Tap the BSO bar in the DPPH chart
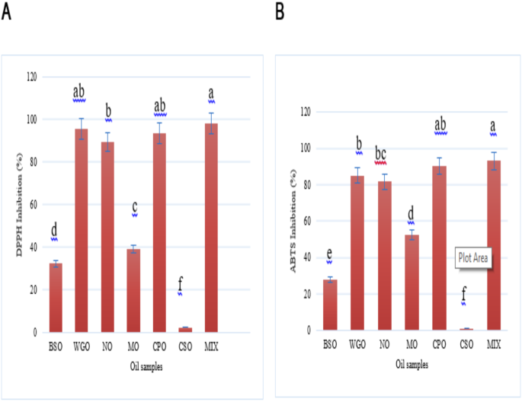[55, 298]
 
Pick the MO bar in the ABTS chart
[412, 282]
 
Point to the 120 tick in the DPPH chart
[31, 76]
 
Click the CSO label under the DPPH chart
[185, 347]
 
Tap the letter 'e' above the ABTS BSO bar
[329, 254]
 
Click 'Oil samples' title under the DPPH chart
[126, 366]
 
